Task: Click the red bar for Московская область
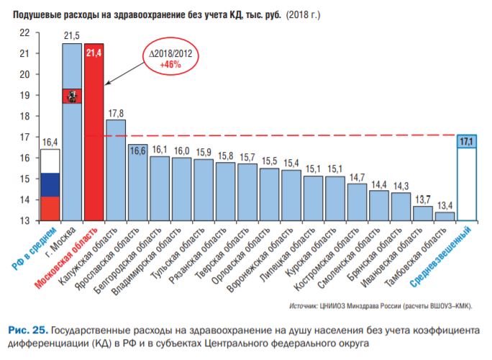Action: [x=94, y=137]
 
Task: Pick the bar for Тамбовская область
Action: [x=445, y=216]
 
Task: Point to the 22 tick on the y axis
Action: [x=24, y=32]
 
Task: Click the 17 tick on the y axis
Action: [x=24, y=137]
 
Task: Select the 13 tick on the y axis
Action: [x=24, y=220]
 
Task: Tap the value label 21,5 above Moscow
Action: [x=72, y=35]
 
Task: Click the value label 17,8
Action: [x=116, y=112]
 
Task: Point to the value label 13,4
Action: [x=445, y=204]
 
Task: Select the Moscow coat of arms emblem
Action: [x=72, y=96]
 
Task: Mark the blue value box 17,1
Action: [x=466, y=142]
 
